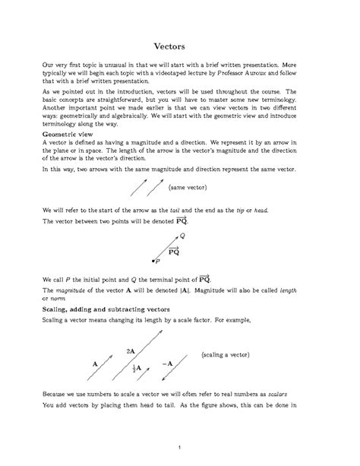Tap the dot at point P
click(156, 262)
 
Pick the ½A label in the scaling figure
click(137, 369)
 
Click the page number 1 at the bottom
click(180, 445)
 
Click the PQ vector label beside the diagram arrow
click(173, 249)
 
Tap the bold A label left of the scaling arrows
click(95, 364)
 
